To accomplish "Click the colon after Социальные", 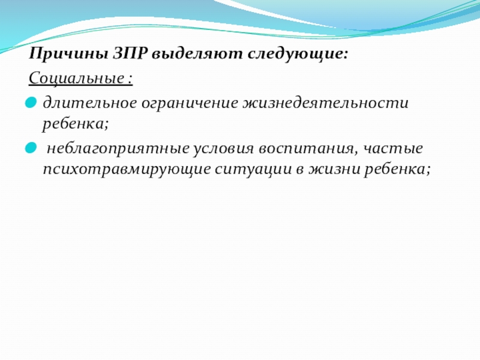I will point(131,79).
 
